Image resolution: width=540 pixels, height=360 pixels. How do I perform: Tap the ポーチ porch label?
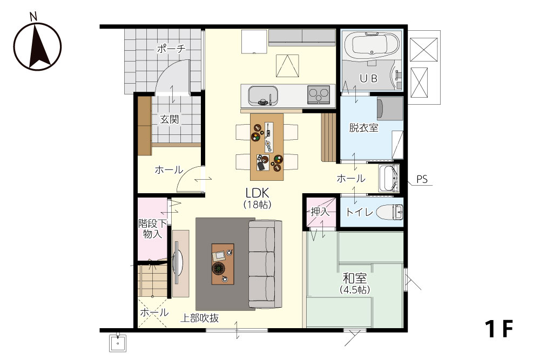[171, 49]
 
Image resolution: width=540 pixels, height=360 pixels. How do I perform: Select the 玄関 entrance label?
[170, 119]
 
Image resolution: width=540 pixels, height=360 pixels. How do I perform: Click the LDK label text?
[257, 192]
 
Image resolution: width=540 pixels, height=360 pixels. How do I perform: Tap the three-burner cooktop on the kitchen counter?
[319, 94]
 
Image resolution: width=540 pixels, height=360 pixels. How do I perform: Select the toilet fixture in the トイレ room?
[390, 212]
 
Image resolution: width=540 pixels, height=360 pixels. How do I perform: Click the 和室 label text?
[355, 278]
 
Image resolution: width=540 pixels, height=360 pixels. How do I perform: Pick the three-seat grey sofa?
[265, 264]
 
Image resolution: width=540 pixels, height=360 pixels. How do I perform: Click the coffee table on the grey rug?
[223, 264]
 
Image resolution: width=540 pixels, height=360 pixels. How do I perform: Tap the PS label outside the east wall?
[422, 179]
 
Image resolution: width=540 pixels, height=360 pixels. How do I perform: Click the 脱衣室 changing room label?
[363, 128]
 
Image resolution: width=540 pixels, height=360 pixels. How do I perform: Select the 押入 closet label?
[320, 212]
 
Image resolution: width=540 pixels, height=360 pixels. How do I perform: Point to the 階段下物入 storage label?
[153, 229]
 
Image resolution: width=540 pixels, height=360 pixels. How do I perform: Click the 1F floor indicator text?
[499, 329]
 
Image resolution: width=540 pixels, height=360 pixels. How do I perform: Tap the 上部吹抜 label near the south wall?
[200, 318]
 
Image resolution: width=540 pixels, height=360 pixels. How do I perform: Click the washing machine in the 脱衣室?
[390, 108]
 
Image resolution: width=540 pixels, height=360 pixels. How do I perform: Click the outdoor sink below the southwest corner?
[118, 343]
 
